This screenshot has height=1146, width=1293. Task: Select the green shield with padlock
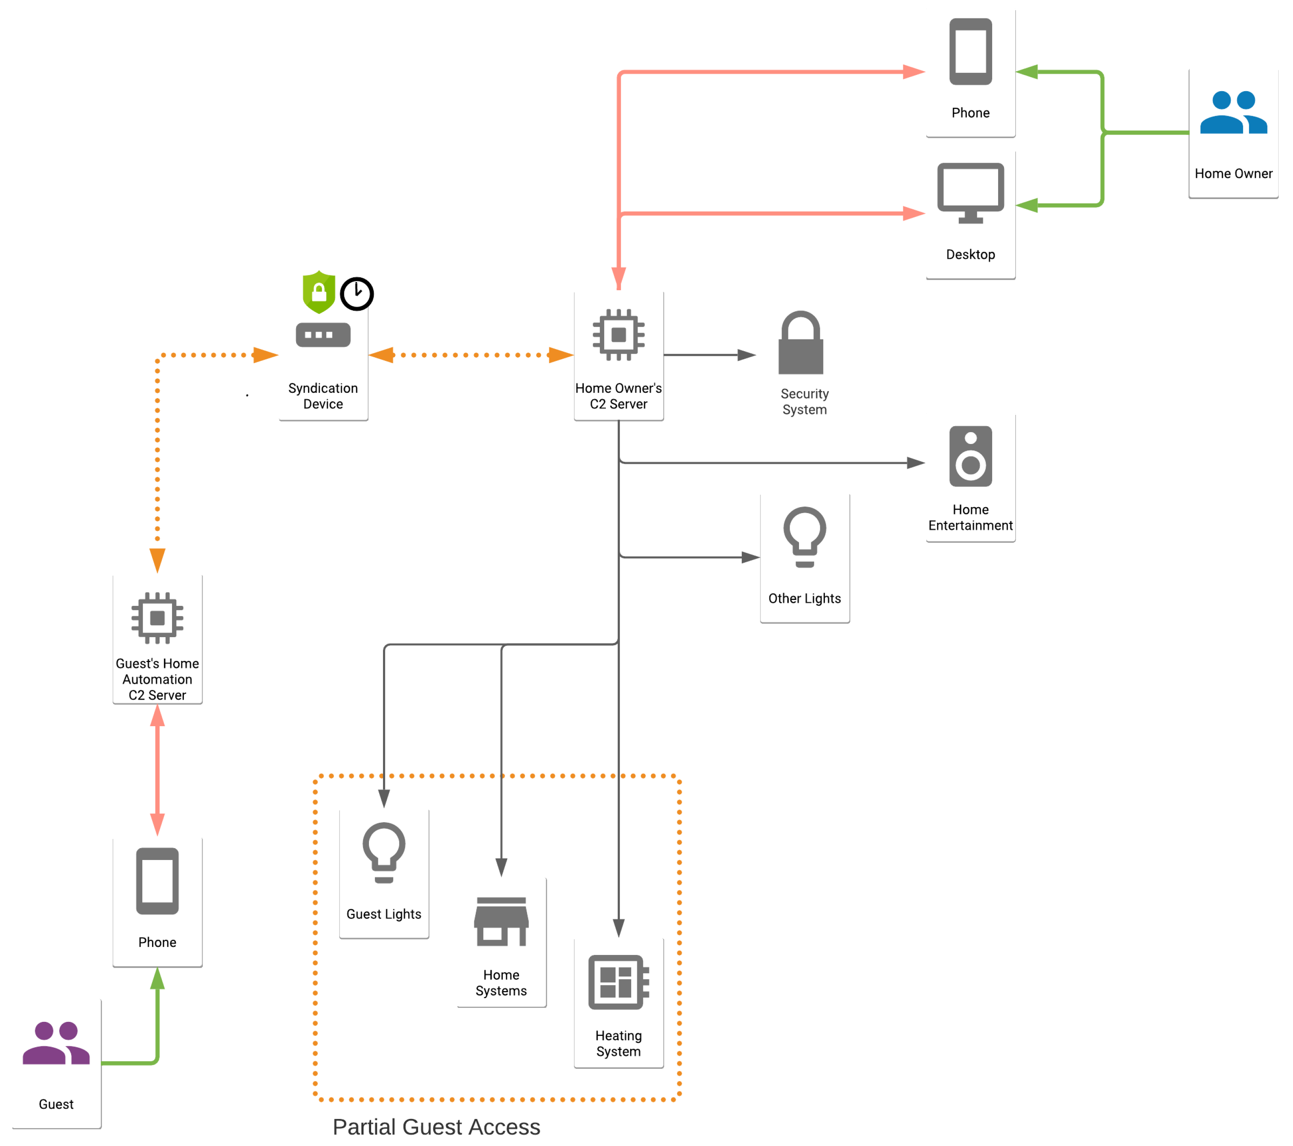319,292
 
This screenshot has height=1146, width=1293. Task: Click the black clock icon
357,294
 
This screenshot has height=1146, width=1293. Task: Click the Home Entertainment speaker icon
970,456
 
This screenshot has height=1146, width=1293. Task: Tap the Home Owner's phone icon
970,51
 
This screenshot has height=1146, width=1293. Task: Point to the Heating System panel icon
618,982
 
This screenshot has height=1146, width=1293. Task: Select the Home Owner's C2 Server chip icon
618,335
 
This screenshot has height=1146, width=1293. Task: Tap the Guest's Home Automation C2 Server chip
158,617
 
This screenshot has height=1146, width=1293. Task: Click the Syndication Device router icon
323,335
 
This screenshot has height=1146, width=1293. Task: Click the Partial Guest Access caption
436,1127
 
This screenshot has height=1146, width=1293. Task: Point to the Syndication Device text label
323,396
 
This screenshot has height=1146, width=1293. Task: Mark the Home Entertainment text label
970,517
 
